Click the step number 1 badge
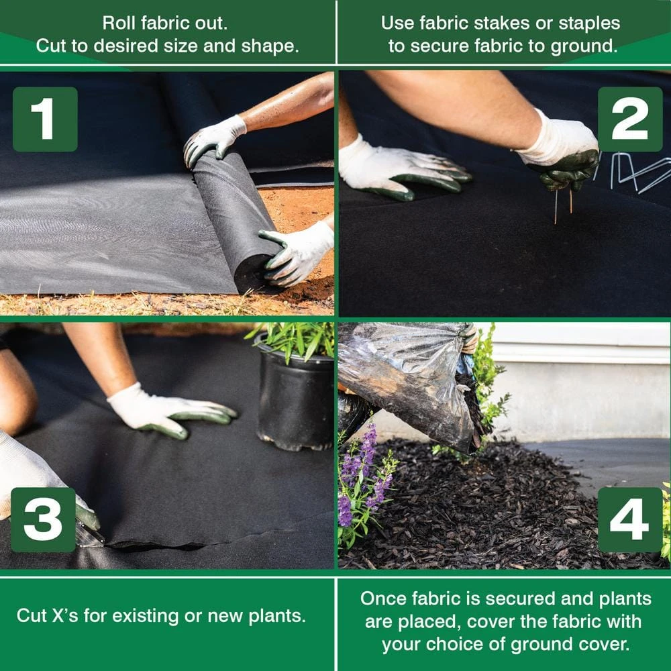[x=45, y=119]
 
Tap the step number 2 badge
[x=629, y=119]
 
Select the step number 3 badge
[x=43, y=519]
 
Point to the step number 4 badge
[x=629, y=519]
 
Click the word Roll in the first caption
[x=119, y=23]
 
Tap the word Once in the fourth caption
[x=384, y=598]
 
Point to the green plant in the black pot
[x=295, y=339]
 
